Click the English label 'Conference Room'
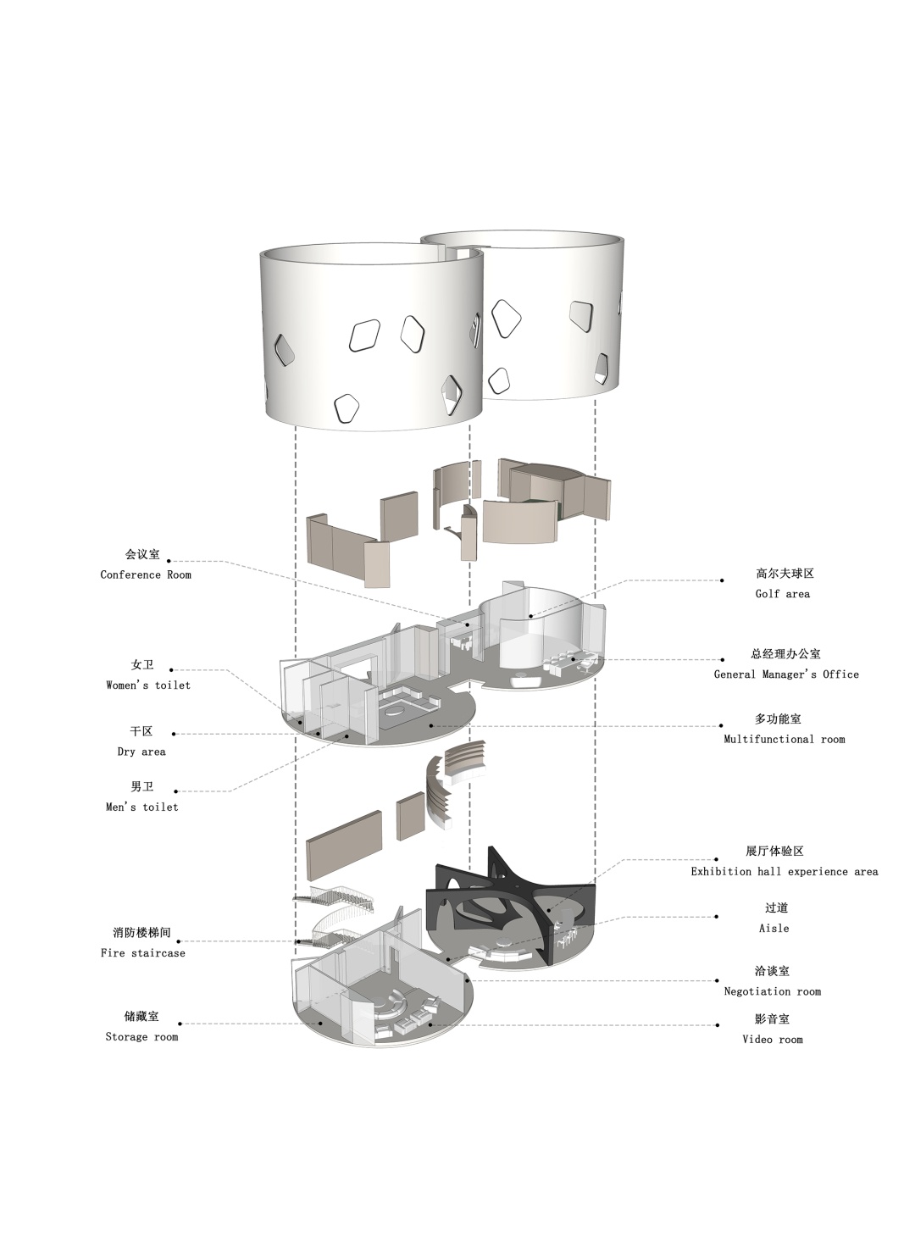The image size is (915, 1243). coord(146,574)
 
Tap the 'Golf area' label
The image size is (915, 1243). coord(782,594)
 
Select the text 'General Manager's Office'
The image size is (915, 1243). coord(786,674)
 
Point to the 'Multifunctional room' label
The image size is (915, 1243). coord(784,740)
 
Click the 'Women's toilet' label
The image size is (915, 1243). coord(148,685)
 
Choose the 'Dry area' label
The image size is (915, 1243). coord(141,752)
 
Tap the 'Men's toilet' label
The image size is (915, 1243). coord(142,808)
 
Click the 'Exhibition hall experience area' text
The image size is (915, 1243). coord(785,873)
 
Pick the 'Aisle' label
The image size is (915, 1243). coord(774,929)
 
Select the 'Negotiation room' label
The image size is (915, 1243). coord(773,991)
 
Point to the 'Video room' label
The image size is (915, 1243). coord(773,1040)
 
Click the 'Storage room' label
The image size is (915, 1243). coord(142,1037)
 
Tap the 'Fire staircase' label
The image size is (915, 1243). coord(143,953)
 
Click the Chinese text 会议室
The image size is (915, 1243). coord(142,554)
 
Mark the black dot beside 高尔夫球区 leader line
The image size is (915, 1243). coord(722,581)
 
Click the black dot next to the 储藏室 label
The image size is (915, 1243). coord(179,1024)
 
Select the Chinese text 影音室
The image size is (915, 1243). coord(772,1018)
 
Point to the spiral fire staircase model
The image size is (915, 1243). coord(333,918)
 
